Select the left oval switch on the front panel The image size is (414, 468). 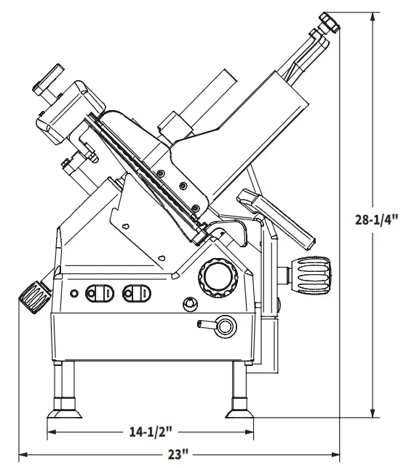(98, 293)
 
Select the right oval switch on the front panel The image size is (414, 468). (137, 292)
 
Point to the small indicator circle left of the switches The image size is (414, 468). (74, 293)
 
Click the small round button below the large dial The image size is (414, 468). (191, 303)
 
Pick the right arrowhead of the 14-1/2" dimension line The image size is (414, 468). (254, 432)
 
